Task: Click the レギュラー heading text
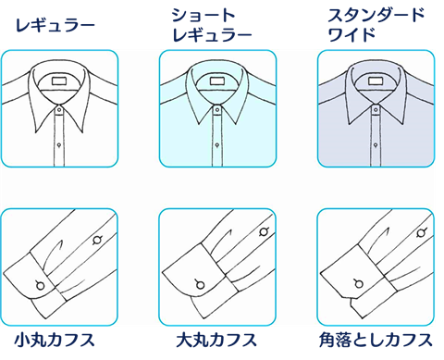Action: point(55,26)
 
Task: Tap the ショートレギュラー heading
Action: point(212,25)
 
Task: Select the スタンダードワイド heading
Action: point(376,25)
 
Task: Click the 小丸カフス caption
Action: point(55,340)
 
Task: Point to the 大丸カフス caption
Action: point(216,340)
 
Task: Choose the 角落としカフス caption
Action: point(376,340)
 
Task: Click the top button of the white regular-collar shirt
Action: point(59,109)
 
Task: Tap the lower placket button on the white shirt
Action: point(59,144)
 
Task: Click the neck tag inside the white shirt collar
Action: point(59,81)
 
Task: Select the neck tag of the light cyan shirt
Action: point(217,81)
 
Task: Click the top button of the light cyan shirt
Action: point(217,109)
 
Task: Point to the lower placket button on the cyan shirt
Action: point(217,144)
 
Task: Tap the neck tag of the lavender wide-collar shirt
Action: point(376,81)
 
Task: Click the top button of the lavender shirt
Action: point(376,109)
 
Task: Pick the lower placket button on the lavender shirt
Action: point(376,144)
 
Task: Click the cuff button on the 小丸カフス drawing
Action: point(40,285)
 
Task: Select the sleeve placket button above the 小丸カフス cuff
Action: point(97,240)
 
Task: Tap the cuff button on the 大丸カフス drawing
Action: point(200,284)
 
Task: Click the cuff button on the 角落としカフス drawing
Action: point(358,283)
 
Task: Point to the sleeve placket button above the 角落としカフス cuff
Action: point(422,232)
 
